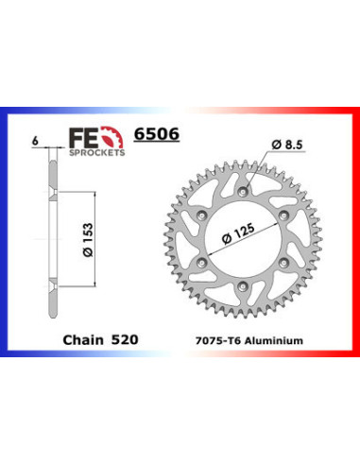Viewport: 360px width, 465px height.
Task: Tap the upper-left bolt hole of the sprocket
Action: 203,202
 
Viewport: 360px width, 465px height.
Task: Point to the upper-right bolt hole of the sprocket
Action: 283,202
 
